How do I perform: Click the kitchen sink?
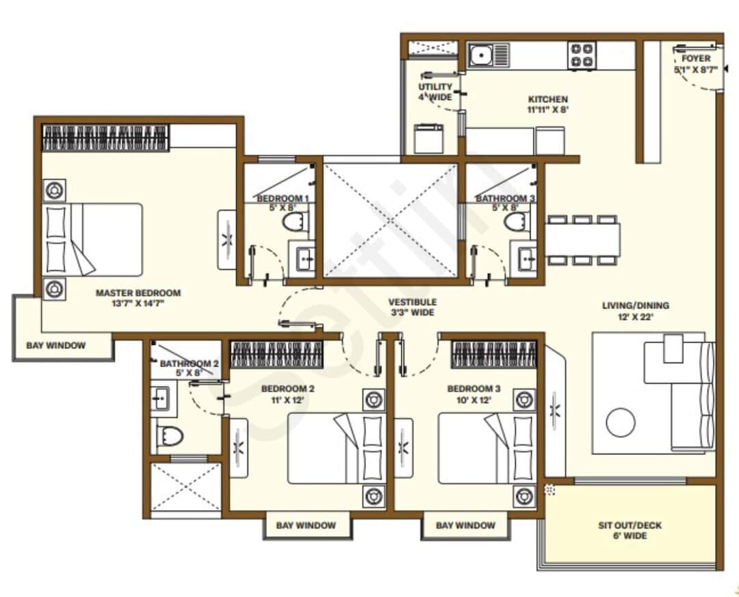tap(489, 55)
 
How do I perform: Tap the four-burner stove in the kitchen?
tap(582, 55)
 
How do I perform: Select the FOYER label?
tap(696, 59)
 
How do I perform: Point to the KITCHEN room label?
tap(547, 99)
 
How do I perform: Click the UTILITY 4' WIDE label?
tap(435, 92)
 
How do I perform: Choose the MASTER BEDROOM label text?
tap(138, 293)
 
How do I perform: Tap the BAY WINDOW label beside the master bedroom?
tap(56, 346)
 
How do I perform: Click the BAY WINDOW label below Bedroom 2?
tap(306, 526)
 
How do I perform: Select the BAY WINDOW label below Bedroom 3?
tap(465, 526)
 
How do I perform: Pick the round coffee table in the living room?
tap(621, 422)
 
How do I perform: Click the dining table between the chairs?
tap(582, 240)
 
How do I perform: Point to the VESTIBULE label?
tap(412, 302)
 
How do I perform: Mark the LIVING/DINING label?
tap(635, 305)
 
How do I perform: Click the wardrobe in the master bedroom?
tap(105, 138)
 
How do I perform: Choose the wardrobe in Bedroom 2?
tap(276, 355)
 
